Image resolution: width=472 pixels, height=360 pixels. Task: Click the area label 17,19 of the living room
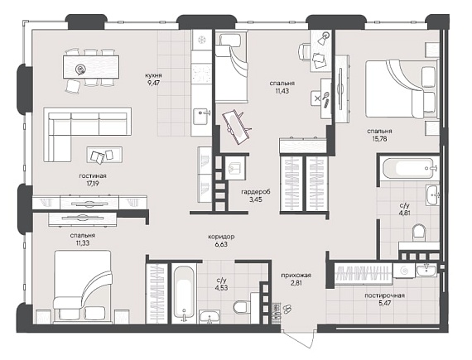[x=93, y=184]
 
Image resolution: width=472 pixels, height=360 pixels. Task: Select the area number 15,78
[x=379, y=139]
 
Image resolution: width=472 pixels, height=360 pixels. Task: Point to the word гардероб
[x=256, y=191]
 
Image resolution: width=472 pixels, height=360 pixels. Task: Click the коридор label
[x=221, y=237]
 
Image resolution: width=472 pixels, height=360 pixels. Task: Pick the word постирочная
[x=384, y=295]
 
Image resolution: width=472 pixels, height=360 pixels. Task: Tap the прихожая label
[x=296, y=276]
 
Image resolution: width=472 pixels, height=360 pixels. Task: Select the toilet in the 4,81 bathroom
[x=419, y=232]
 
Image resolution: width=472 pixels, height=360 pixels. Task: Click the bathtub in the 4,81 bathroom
[x=409, y=168]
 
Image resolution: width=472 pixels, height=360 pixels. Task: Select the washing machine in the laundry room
[x=403, y=271]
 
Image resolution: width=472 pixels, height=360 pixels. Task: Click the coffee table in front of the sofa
[x=105, y=155]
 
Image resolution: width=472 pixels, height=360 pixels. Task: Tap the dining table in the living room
[x=91, y=67]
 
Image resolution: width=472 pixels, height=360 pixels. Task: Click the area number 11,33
[x=83, y=242]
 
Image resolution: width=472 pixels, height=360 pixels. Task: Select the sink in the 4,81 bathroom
[x=433, y=194]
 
